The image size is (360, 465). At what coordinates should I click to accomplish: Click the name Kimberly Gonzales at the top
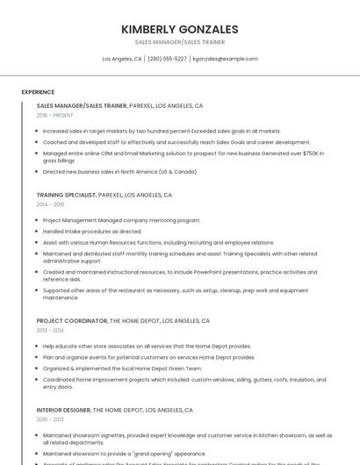179,29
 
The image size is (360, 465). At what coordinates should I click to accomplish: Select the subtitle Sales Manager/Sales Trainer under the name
179,42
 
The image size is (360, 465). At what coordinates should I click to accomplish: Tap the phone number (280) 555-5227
167,59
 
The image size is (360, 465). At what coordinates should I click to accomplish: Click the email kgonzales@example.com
225,59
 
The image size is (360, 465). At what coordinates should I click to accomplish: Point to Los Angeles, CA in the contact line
122,59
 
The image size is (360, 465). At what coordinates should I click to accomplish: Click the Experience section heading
38,92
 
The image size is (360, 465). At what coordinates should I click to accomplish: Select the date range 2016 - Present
55,115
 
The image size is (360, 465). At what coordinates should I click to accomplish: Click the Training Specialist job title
66,195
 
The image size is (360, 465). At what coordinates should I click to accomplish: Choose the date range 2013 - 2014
50,331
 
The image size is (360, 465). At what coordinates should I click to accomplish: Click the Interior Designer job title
63,410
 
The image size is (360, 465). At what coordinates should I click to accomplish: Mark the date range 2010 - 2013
50,419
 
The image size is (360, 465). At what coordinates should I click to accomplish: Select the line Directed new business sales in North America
120,172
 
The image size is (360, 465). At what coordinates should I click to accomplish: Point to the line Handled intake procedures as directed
92,232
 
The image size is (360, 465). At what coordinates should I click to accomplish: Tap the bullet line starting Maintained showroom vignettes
187,435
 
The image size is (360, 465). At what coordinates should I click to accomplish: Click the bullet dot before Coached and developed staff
38,141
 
